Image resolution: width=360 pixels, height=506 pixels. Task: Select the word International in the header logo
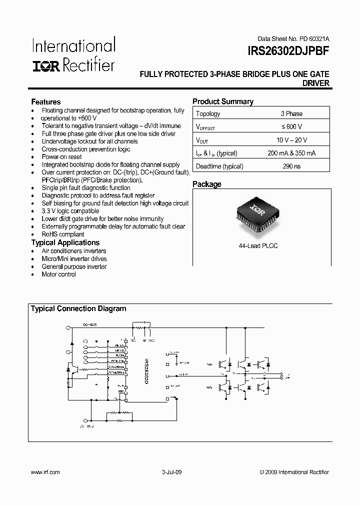click(x=74, y=46)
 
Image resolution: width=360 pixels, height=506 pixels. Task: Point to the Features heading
click(x=46, y=101)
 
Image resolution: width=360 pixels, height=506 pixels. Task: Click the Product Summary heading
click(x=223, y=101)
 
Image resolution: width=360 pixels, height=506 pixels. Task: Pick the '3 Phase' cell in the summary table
click(x=291, y=113)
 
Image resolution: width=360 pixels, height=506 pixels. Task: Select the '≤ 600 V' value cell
click(x=291, y=127)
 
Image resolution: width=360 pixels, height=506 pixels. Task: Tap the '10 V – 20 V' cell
click(x=291, y=140)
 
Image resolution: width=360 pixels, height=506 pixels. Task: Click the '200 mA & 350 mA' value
click(x=291, y=153)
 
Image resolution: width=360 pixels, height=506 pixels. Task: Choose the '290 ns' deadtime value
click(x=291, y=166)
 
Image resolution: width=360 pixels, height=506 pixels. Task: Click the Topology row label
click(x=208, y=113)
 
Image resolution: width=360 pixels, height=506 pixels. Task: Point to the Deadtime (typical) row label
click(x=219, y=166)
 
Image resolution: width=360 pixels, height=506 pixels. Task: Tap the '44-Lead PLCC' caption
click(x=258, y=246)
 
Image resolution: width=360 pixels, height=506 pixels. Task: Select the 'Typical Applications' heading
click(x=65, y=242)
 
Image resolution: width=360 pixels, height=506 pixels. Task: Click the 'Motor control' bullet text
click(x=59, y=274)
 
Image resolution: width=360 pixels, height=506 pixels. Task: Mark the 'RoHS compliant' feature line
click(x=63, y=234)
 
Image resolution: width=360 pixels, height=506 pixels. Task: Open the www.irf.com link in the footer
click(x=45, y=472)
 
